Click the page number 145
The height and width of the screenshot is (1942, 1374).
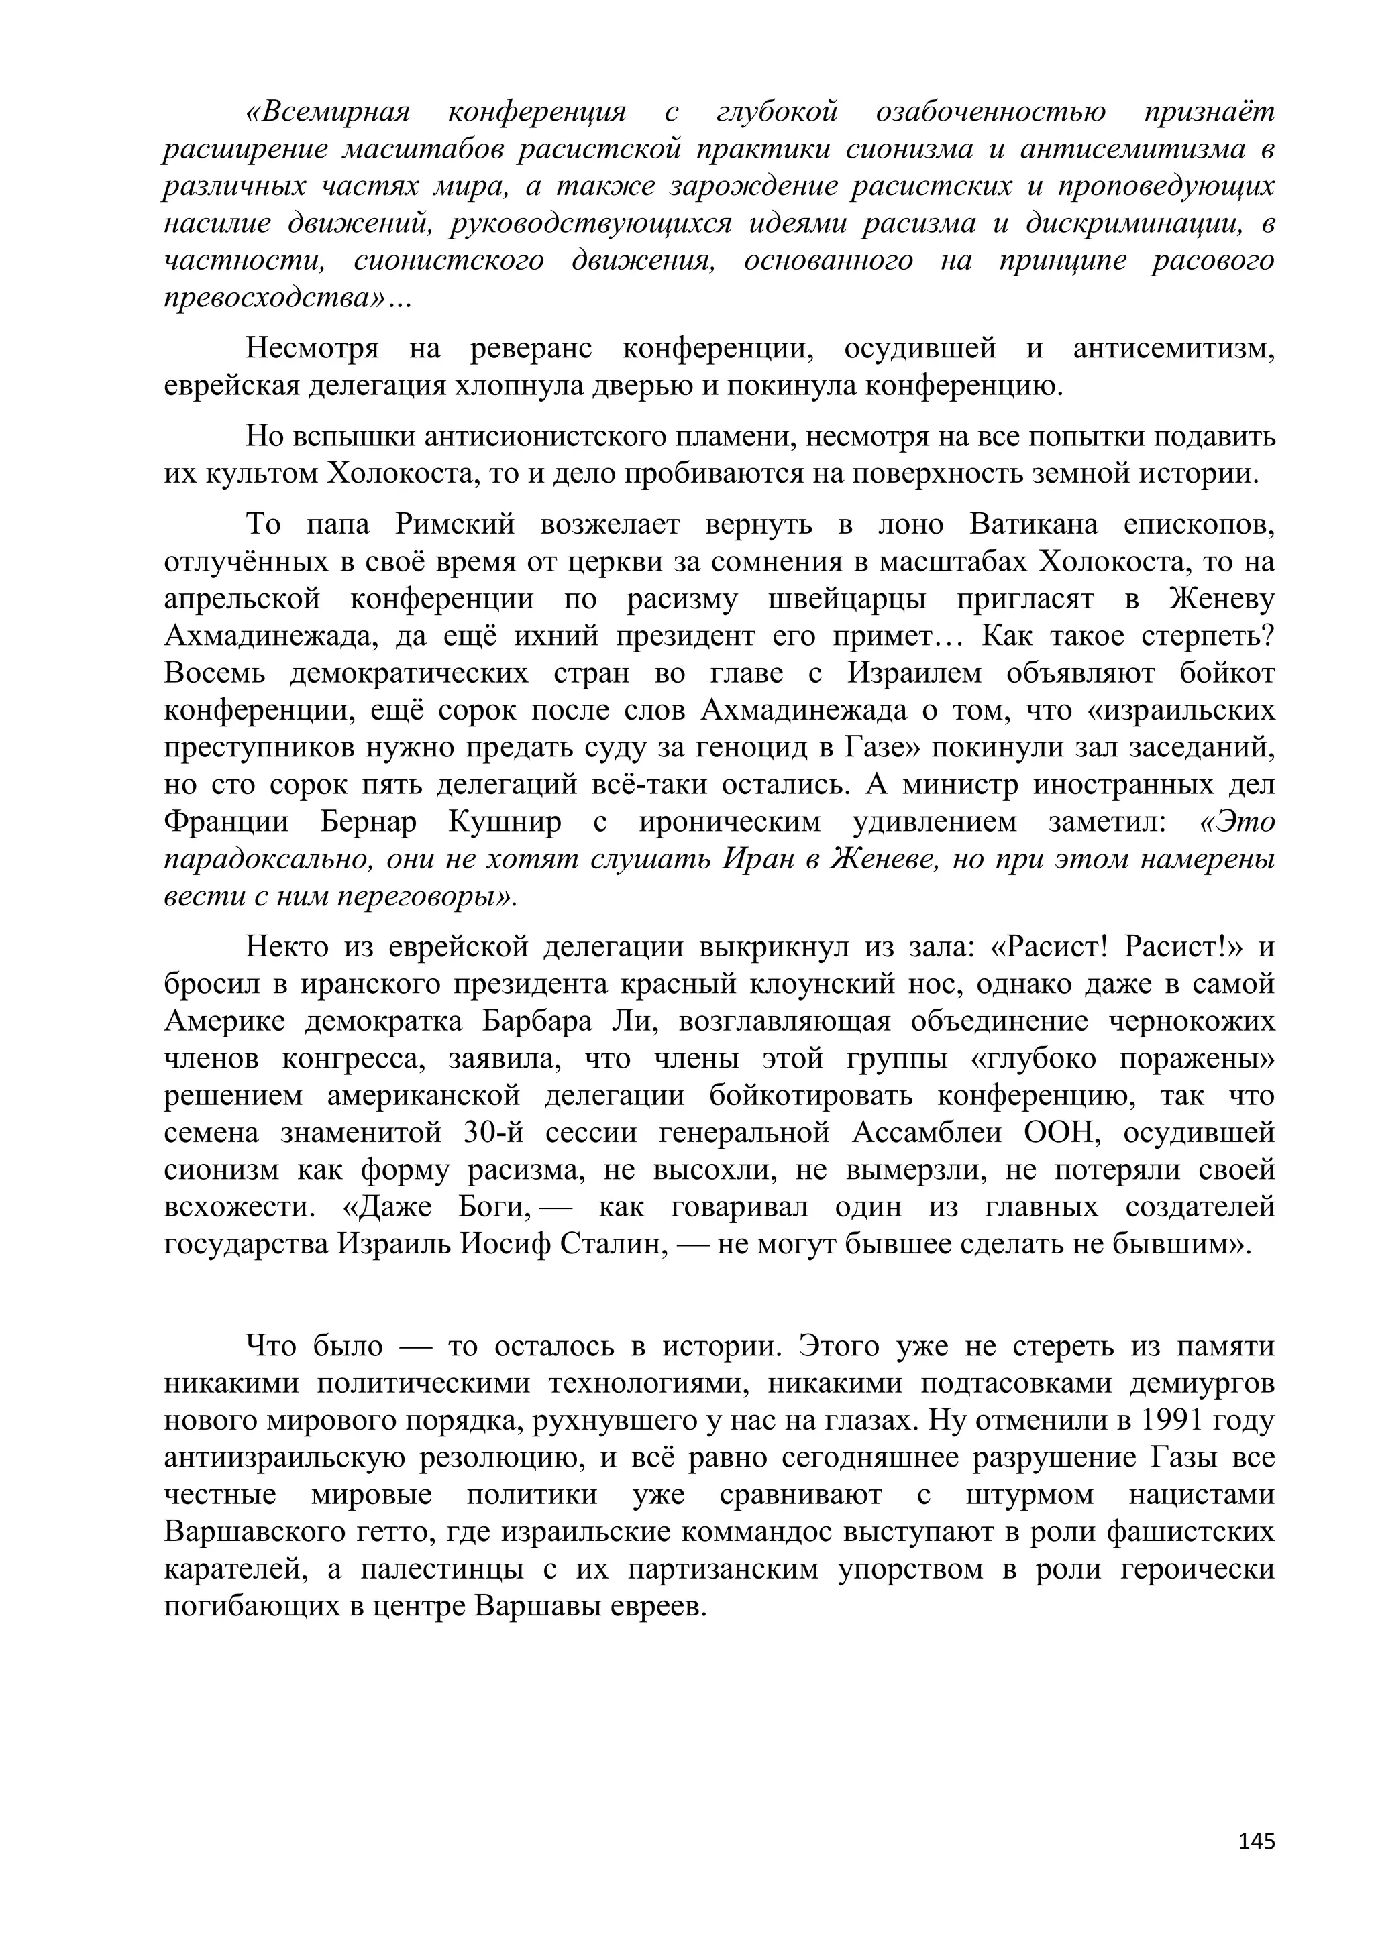[x=1255, y=1841]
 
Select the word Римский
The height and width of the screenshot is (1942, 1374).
[x=455, y=525]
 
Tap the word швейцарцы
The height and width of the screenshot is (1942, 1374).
[x=849, y=599]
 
